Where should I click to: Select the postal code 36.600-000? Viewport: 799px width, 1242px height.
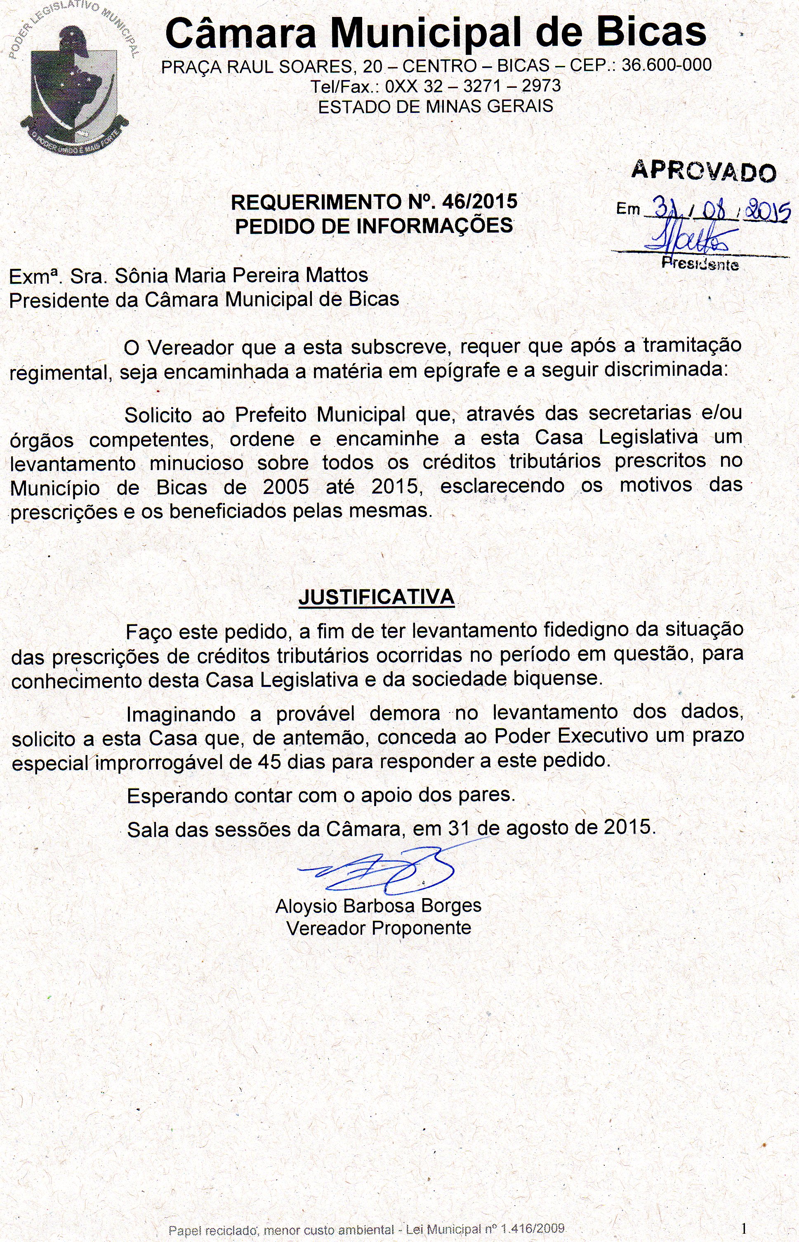coord(666,65)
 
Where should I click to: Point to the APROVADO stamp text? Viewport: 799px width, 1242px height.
coord(704,171)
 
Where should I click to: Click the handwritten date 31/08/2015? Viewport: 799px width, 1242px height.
coord(716,209)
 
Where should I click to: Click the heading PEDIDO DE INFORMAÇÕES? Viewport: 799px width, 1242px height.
coord(374,226)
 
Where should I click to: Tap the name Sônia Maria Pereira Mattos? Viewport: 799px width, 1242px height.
coord(241,275)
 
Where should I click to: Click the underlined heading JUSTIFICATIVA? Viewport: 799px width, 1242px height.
coord(376,597)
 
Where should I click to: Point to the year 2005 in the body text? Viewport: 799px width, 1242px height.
coord(286,487)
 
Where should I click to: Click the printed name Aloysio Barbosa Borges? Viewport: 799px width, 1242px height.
coord(378,906)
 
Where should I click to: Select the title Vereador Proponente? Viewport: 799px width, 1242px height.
coord(378,928)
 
